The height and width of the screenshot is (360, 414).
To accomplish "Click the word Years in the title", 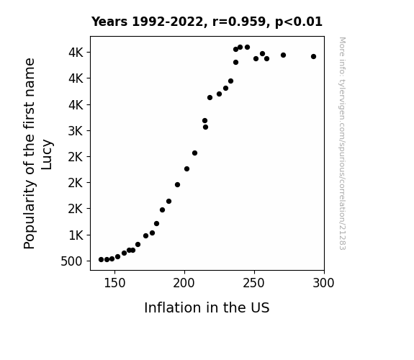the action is point(109,22).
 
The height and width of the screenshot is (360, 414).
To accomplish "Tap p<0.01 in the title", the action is point(299,22).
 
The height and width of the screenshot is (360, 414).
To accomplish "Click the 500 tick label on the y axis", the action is point(71,261).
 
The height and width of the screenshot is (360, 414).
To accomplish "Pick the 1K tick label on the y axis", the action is point(76,235).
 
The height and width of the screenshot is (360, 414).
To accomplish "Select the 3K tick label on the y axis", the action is point(76,131).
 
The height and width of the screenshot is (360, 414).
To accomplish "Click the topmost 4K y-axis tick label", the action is point(76,53).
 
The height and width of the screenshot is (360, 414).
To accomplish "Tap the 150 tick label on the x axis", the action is point(114,283).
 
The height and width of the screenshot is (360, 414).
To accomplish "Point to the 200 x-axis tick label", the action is point(184,283).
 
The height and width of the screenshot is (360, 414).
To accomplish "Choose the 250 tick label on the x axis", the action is point(254,283).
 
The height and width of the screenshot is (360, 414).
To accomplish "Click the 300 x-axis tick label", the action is point(324,283).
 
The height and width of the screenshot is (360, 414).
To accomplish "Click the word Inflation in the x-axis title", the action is point(167,307).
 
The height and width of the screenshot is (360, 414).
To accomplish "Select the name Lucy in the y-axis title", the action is point(48,155).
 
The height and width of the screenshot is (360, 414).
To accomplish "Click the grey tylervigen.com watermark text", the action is point(342,143).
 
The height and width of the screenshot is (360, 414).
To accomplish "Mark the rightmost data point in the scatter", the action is point(313,57).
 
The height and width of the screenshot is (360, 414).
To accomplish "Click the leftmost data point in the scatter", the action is point(101,260).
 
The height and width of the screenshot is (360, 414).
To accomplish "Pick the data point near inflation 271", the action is point(283,55).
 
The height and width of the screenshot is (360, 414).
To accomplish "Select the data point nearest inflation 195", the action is point(177,184).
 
